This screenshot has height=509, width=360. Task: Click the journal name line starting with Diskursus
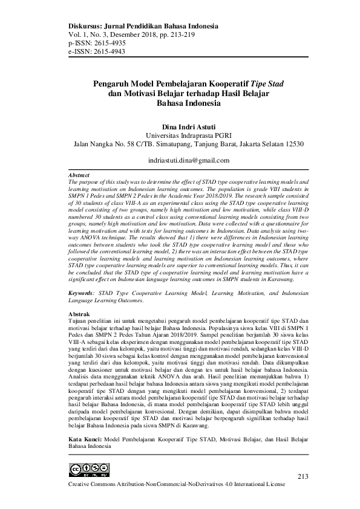click(x=143, y=27)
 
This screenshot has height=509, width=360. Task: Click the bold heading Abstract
click(x=80, y=175)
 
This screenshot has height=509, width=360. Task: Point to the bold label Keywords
click(x=81, y=292)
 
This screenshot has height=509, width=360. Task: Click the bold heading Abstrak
click(x=79, y=315)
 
